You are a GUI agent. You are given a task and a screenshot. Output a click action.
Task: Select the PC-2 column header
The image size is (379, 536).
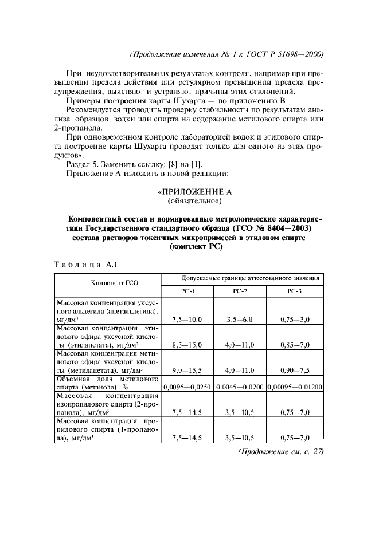240,291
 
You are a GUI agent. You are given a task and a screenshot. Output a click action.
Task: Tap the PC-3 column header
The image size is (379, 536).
294,291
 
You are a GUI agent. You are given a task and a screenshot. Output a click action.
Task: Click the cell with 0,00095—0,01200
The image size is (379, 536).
295,387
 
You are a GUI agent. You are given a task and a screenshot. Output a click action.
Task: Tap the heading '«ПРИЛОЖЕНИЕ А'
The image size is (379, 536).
189,192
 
